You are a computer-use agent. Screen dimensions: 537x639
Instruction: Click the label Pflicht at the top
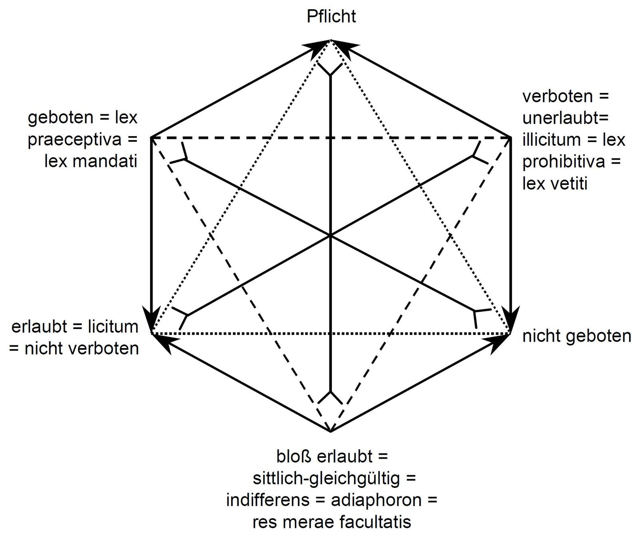[331, 17]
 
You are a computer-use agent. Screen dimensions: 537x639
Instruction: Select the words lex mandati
[91, 162]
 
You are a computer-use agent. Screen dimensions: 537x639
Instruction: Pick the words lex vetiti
[555, 184]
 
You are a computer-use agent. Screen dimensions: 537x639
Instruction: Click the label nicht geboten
[576, 336]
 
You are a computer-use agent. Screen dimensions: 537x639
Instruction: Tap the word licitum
[113, 327]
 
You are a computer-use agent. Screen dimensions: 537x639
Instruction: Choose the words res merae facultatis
[331, 522]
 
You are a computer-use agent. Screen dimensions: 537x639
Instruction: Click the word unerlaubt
[560, 118]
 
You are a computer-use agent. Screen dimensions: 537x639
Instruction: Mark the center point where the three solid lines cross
[331, 236]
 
